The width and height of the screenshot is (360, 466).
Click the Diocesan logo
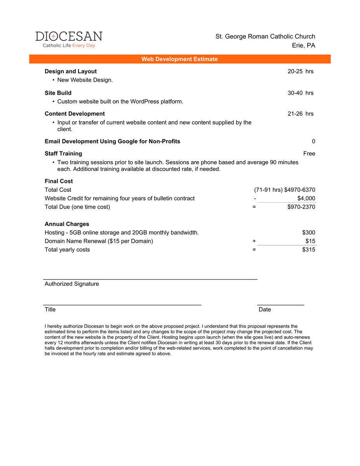click(x=69, y=40)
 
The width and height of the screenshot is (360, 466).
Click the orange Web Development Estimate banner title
click(x=179, y=59)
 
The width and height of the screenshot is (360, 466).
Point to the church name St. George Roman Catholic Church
click(x=265, y=37)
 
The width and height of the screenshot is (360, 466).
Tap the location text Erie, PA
click(x=303, y=46)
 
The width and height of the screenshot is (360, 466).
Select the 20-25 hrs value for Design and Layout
click(x=300, y=71)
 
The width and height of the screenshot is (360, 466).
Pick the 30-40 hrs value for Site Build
click(x=300, y=93)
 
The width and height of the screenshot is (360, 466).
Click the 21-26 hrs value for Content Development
click(x=300, y=114)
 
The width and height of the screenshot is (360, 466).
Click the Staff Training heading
click(x=63, y=154)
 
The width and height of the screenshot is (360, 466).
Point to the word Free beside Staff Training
click(x=309, y=154)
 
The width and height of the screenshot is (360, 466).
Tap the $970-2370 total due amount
click(x=301, y=207)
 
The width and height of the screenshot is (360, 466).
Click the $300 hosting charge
click(x=308, y=233)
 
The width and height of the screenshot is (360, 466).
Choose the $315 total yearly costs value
click(x=308, y=250)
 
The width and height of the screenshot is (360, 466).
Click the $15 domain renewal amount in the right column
click(x=310, y=241)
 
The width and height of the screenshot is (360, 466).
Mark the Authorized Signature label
click(x=72, y=284)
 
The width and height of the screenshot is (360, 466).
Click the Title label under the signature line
click(x=50, y=310)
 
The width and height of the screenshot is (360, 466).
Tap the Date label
click(x=265, y=310)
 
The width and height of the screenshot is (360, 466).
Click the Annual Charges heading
click(x=67, y=224)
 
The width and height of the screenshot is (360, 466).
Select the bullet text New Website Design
click(x=85, y=80)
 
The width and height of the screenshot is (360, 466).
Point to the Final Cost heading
click(x=59, y=181)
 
